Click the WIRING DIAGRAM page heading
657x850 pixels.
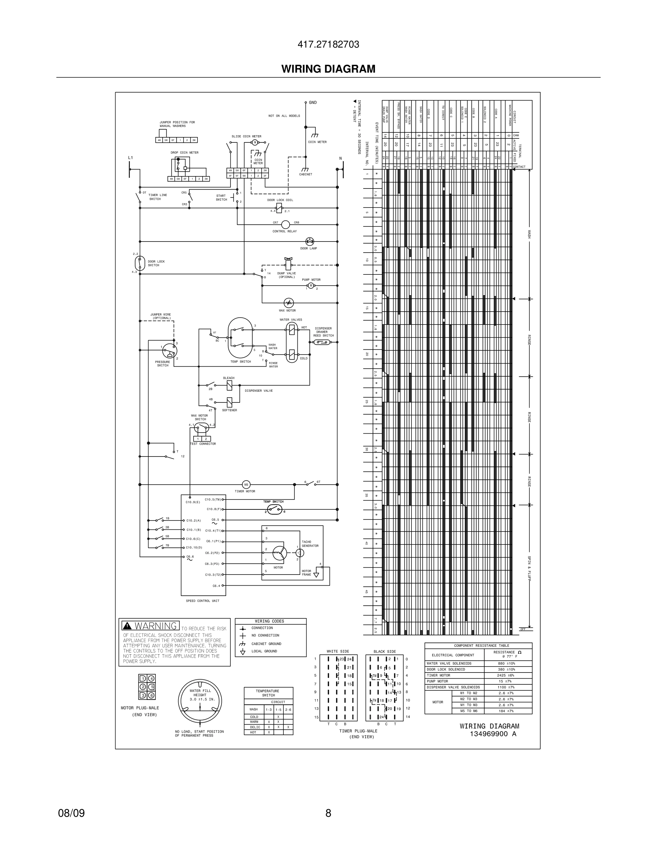point(328,69)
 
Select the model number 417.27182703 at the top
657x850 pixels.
point(328,44)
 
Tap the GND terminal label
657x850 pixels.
point(312,103)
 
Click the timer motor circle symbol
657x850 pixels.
point(246,484)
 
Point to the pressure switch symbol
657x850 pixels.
point(170,351)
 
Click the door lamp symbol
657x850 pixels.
point(310,242)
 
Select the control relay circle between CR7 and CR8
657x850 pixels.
point(285,225)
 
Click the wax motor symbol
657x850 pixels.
point(288,303)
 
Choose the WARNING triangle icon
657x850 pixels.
point(127,626)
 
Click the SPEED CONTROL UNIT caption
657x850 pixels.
point(203,601)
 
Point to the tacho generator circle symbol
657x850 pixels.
point(299,553)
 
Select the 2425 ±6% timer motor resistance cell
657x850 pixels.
point(505,675)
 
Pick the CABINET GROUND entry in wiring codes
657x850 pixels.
point(266,644)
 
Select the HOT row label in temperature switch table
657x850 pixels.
point(253,732)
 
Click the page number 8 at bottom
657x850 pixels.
point(328,813)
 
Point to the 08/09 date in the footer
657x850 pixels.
point(71,813)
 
